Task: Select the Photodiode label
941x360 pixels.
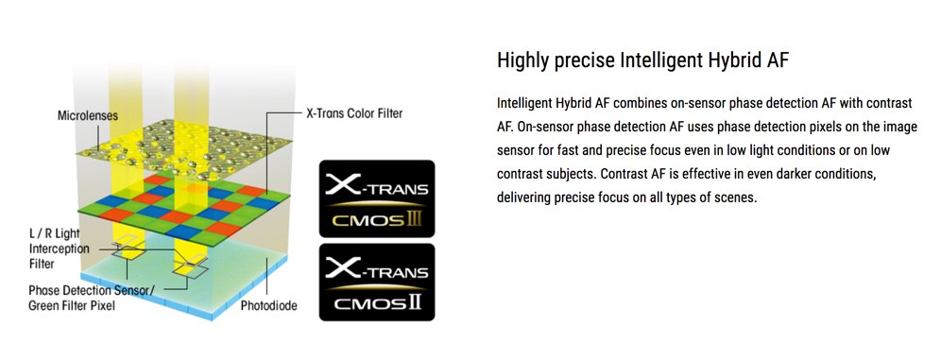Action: [x=269, y=306]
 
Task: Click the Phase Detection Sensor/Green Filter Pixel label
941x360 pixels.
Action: [x=92, y=298]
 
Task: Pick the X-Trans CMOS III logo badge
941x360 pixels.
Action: [x=377, y=199]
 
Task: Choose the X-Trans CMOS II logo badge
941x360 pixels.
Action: [x=377, y=282]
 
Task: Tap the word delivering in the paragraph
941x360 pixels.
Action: [x=522, y=197]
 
